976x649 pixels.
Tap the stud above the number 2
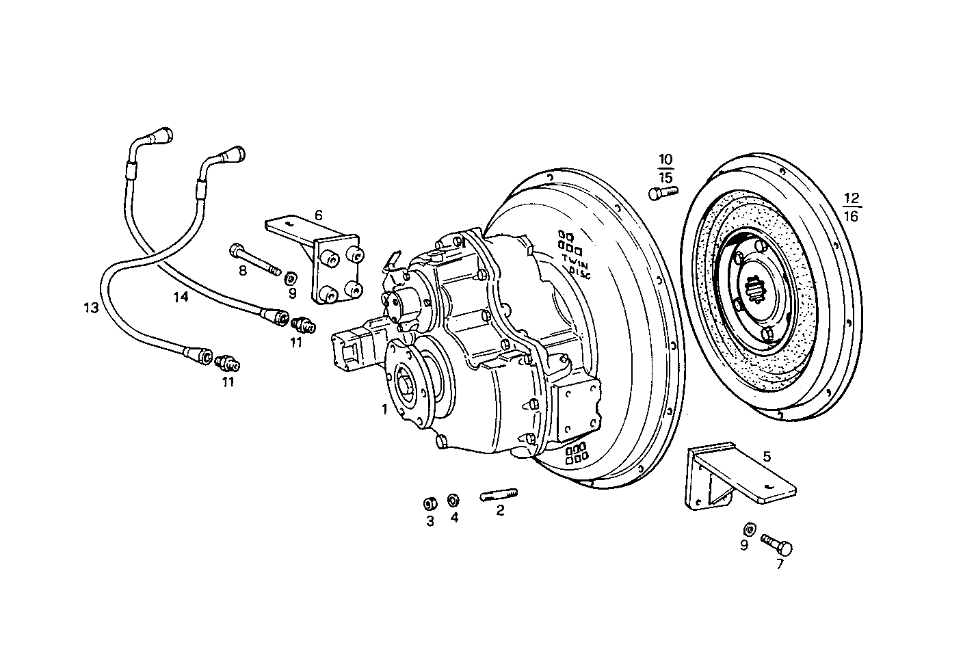click(501, 494)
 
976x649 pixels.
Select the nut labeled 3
click(430, 504)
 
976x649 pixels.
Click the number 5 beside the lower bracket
click(767, 456)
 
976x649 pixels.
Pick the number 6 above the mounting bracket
click(318, 215)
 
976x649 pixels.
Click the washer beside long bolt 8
click(290, 277)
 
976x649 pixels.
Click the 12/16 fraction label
click(851, 207)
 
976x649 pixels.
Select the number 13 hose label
click(91, 308)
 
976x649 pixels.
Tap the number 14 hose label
click(180, 296)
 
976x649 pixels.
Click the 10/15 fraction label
click(665, 168)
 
